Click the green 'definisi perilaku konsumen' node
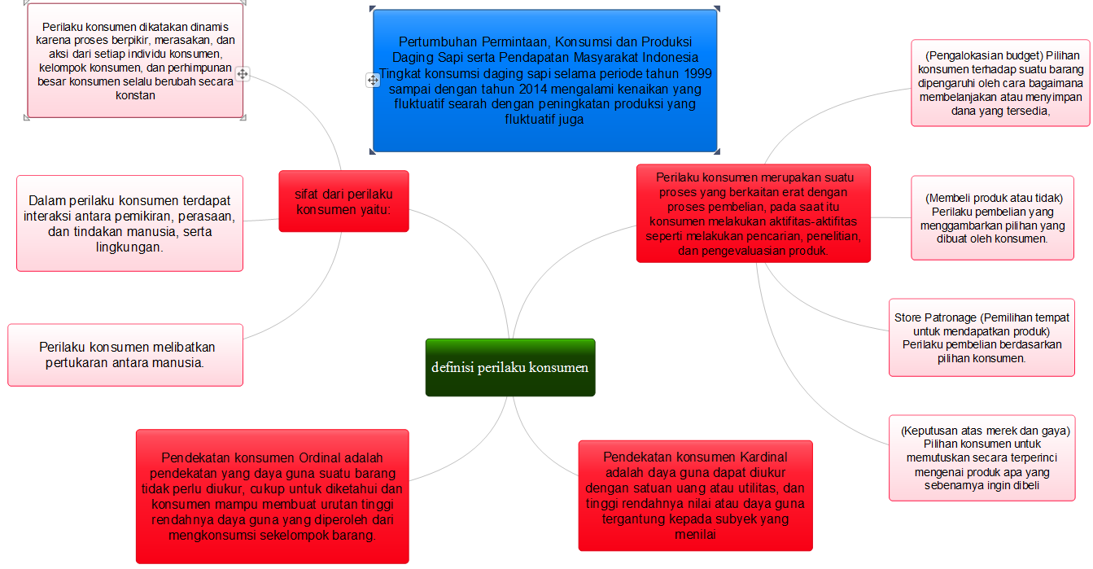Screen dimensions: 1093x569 tap(510, 367)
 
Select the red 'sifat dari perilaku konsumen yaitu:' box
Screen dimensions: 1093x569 tap(344, 201)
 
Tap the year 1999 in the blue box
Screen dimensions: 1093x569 tap(697, 74)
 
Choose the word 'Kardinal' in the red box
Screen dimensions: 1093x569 tap(763, 457)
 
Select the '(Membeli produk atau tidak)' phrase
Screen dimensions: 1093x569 tap(994, 198)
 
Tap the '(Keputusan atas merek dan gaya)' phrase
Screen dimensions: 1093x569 tap(985, 431)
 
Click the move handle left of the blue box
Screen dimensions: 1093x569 tap(373, 80)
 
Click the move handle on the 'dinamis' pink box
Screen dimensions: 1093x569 tap(243, 74)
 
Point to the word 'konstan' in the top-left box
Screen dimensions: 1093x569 tap(135, 95)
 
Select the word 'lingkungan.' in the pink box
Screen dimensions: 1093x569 tap(129, 247)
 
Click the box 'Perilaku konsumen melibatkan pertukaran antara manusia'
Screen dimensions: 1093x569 tap(125, 355)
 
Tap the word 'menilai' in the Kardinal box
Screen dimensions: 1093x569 tap(695, 534)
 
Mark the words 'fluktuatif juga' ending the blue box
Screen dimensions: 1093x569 tap(544, 120)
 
